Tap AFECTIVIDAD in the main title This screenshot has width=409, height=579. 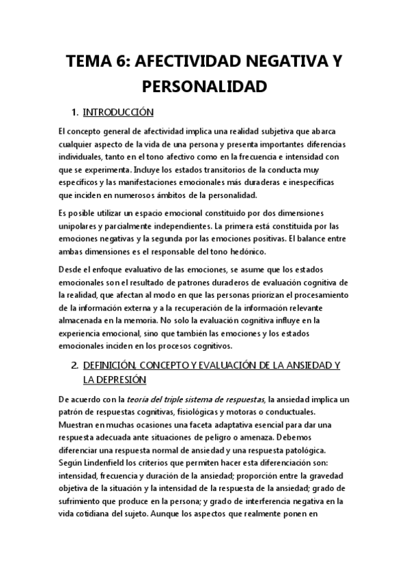[185, 62]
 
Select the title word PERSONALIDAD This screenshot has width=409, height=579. [203, 87]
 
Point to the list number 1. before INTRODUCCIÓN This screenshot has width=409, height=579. [75, 111]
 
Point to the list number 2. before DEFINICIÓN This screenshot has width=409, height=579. [75, 365]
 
